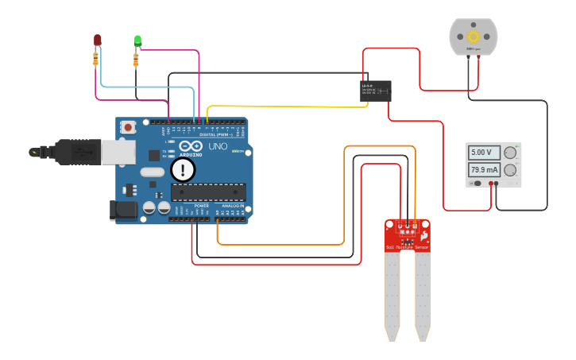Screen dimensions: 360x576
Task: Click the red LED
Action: pos(97,39)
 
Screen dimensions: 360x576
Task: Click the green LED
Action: pos(137,40)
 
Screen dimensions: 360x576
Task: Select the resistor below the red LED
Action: pos(96,58)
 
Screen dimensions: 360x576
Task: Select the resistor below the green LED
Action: pos(136,59)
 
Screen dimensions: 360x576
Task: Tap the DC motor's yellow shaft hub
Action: pos(474,36)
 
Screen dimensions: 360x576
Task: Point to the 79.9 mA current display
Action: pos(483,170)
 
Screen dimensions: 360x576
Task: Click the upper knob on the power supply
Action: pos(510,152)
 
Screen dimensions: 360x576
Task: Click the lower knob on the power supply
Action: pos(510,170)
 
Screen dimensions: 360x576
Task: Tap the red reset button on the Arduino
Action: pos(127,127)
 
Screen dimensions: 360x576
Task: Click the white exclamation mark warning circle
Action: pos(183,169)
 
